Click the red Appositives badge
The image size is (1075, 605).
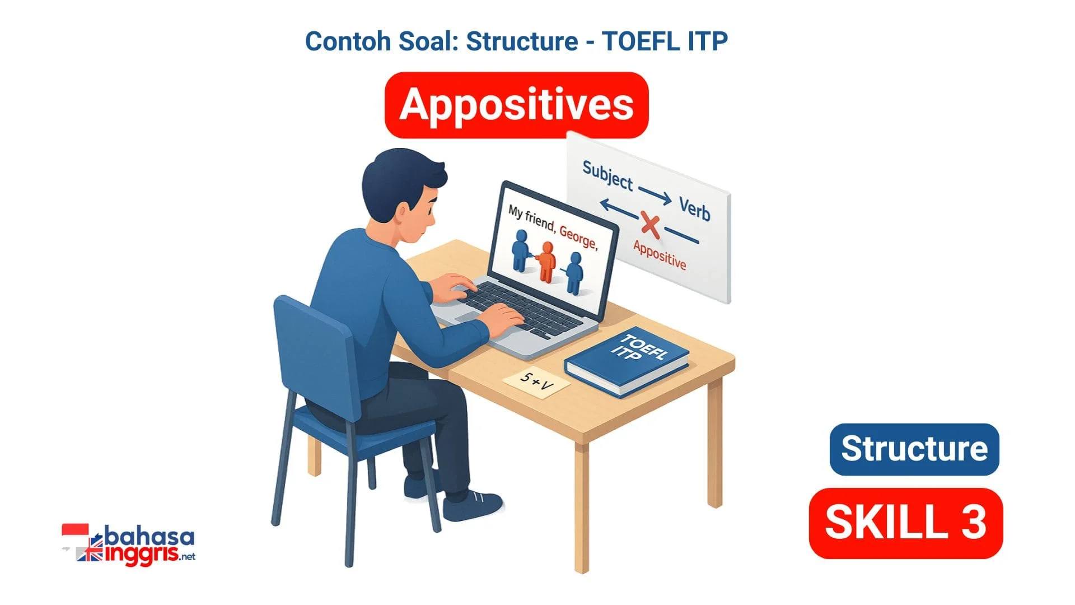516,105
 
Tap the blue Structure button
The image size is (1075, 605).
914,449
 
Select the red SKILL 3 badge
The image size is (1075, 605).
906,523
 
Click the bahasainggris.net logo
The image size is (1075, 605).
129,544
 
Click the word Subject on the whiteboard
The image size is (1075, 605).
608,175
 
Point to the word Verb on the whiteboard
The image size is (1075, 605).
695,209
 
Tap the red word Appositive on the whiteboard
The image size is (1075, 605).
660,254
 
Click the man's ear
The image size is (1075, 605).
401,212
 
